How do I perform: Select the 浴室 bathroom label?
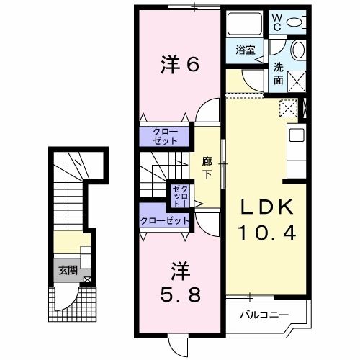pyautogui.click(x=246, y=50)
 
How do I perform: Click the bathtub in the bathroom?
pyautogui.click(x=246, y=27)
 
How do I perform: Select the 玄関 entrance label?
pyautogui.click(x=68, y=271)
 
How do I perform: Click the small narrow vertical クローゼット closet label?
pyautogui.click(x=179, y=195)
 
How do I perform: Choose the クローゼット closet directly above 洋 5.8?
pyautogui.click(x=165, y=220)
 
